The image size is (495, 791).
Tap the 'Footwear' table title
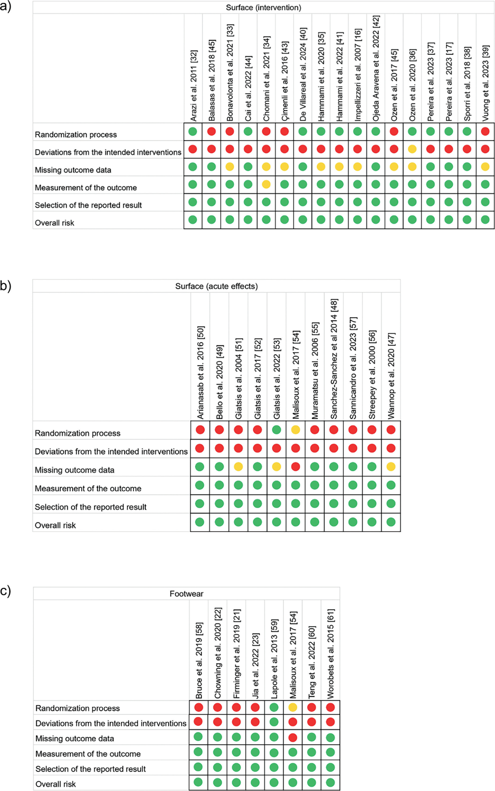pos(186,594)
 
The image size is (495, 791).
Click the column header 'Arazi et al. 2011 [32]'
pos(193,86)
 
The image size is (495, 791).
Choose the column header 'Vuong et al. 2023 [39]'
pos(485,83)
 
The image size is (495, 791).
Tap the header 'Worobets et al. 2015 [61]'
pos(331,653)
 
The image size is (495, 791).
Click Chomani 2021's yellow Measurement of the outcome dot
pos(266,184)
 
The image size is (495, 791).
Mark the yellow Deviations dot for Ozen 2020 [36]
pos(412,149)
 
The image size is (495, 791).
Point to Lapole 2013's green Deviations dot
pos(274,722)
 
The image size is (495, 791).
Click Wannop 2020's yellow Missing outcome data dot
pos(391,467)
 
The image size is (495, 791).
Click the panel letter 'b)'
pos(6,286)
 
